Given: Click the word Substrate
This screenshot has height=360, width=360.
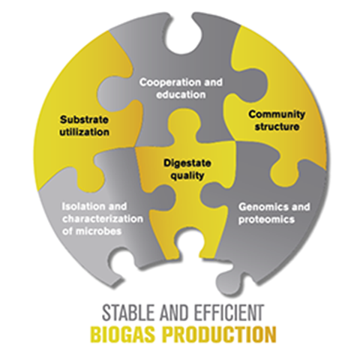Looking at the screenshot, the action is pos(84,119).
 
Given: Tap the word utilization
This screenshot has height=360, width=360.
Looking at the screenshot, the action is pos(85,132).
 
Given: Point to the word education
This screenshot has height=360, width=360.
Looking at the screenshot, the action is pos(181,94).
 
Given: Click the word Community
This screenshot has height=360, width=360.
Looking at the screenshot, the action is pos(277,115).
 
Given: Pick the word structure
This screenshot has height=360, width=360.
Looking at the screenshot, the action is pos(277,127).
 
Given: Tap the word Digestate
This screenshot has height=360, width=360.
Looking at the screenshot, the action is pos(187,163).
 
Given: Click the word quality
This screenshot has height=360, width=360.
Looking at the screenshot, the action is pos(187,175).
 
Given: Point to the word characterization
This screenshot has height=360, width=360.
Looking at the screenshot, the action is pos(103,219).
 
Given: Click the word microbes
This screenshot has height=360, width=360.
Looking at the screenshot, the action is pos(98,231).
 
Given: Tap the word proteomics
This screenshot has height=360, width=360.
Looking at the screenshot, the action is pos(266,220).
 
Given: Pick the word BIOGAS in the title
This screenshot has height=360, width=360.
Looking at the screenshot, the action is pos(123,334).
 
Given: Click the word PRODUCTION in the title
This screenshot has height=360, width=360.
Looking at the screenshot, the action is pos(219,334).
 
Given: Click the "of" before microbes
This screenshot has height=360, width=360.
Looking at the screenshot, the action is pos(67,231).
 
